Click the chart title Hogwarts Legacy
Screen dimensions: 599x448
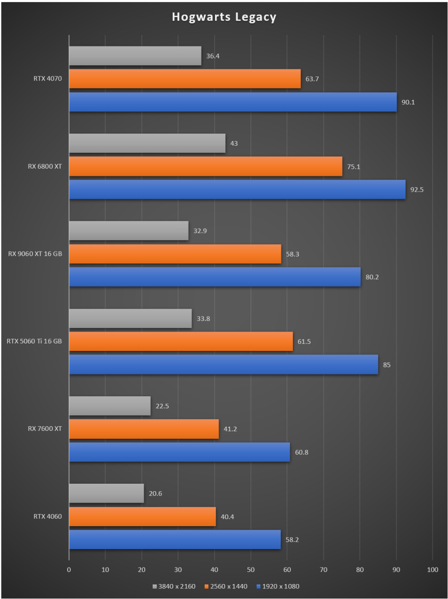pyautogui.click(x=224, y=17)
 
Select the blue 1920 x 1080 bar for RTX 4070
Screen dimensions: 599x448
pyautogui.click(x=232, y=102)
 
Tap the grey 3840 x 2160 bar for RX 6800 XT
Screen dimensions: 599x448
pyautogui.click(x=147, y=143)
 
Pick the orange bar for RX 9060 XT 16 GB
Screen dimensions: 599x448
pyautogui.click(x=175, y=254)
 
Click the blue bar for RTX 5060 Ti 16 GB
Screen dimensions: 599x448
pyautogui.click(x=224, y=364)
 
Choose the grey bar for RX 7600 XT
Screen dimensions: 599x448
pyautogui.click(x=110, y=406)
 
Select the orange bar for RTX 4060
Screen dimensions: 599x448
pyautogui.click(x=142, y=516)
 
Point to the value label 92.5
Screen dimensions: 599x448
pyautogui.click(x=417, y=190)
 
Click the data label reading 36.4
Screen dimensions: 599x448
pyautogui.click(x=213, y=56)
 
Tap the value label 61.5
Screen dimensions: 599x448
pyautogui.click(x=304, y=341)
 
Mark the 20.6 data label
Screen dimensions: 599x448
pyautogui.click(x=155, y=494)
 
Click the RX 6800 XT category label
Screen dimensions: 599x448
pyautogui.click(x=45, y=166)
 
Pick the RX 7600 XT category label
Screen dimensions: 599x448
pyautogui.click(x=45, y=428)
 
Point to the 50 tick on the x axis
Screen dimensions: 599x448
pyautogui.click(x=251, y=569)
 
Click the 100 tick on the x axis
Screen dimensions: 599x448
pyautogui.click(x=433, y=569)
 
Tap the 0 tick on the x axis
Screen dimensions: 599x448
pyautogui.click(x=69, y=569)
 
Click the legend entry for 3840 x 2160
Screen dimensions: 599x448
pyautogui.click(x=174, y=586)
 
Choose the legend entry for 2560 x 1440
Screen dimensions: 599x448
pyautogui.click(x=226, y=586)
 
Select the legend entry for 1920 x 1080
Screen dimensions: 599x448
pyautogui.click(x=277, y=586)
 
